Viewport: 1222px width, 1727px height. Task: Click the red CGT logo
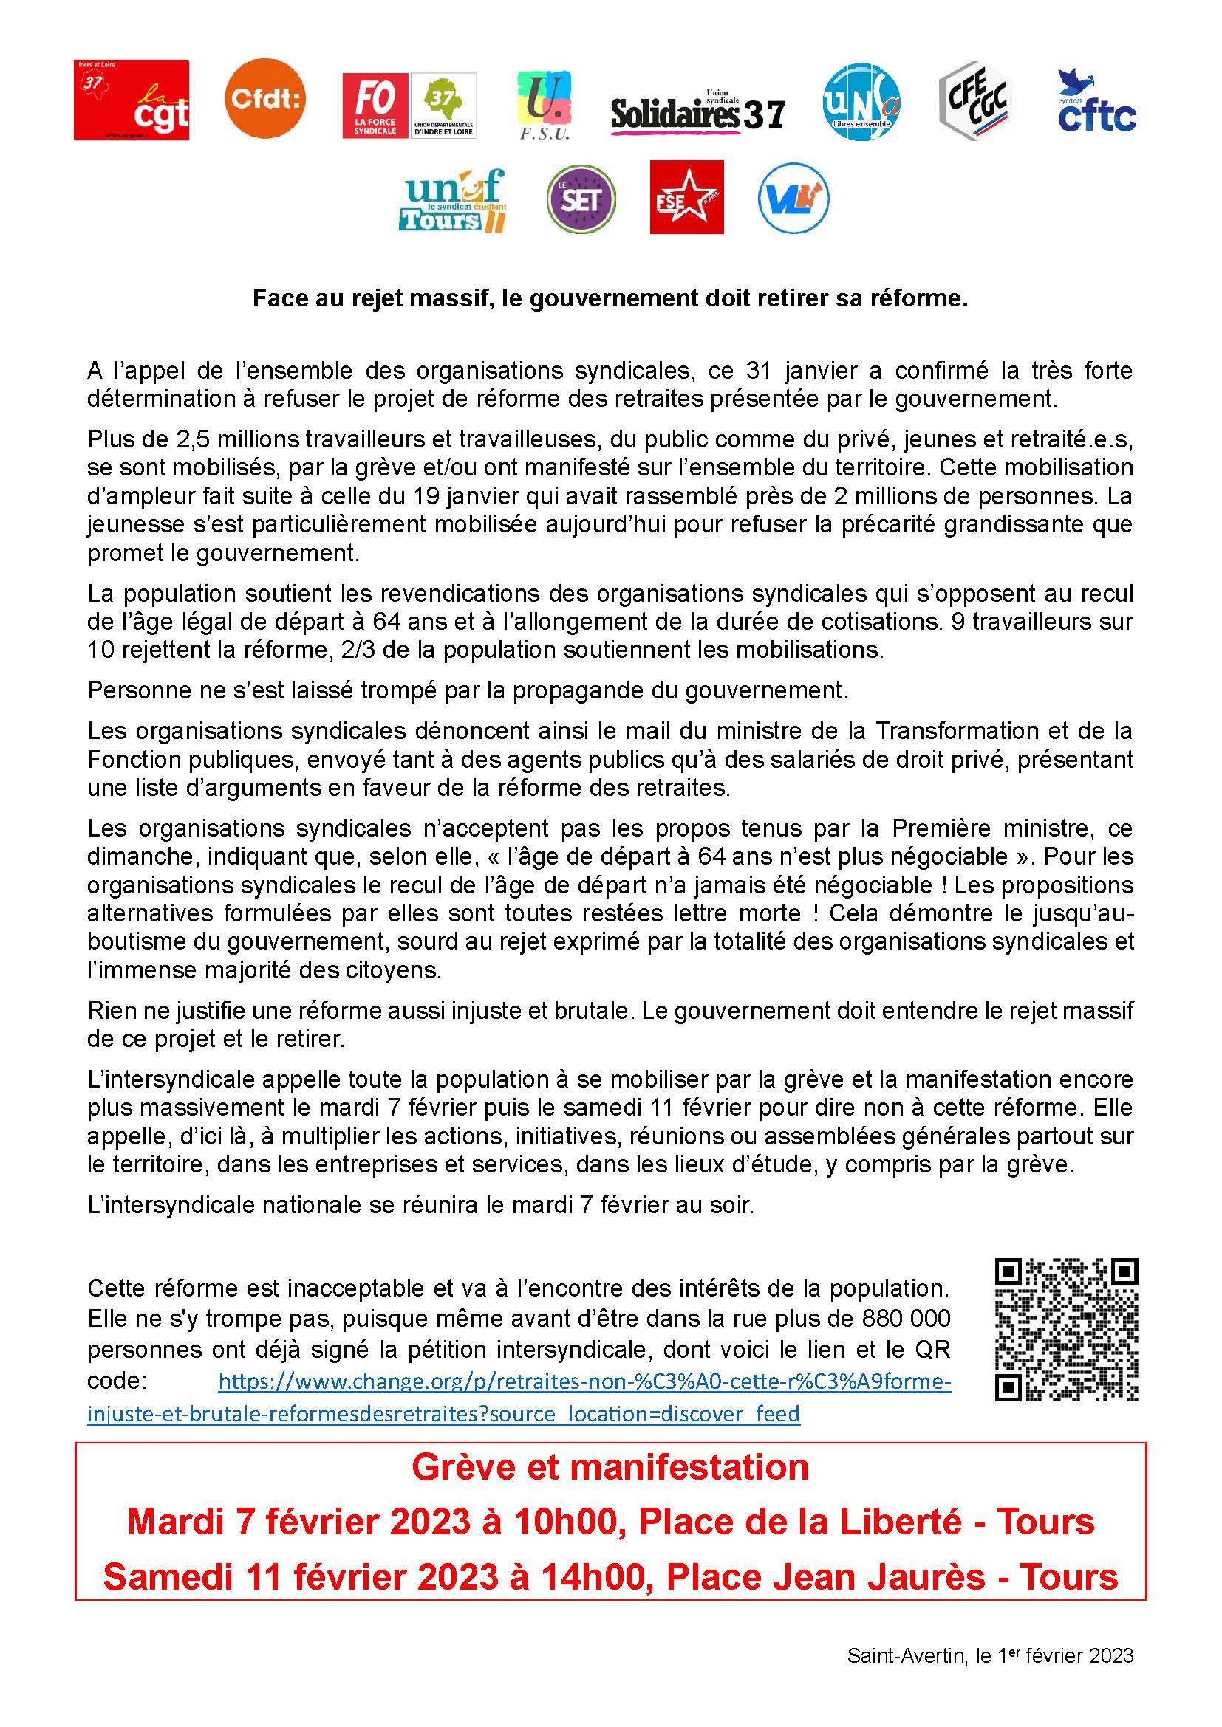[131, 101]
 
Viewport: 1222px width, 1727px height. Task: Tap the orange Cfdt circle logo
[265, 98]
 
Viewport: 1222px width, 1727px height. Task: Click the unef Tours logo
[452, 201]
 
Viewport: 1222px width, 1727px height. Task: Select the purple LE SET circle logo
[581, 200]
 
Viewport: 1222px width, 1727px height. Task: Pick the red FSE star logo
[686, 197]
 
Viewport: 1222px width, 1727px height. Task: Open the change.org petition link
[584, 1382]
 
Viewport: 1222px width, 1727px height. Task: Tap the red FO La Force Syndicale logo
[375, 106]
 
